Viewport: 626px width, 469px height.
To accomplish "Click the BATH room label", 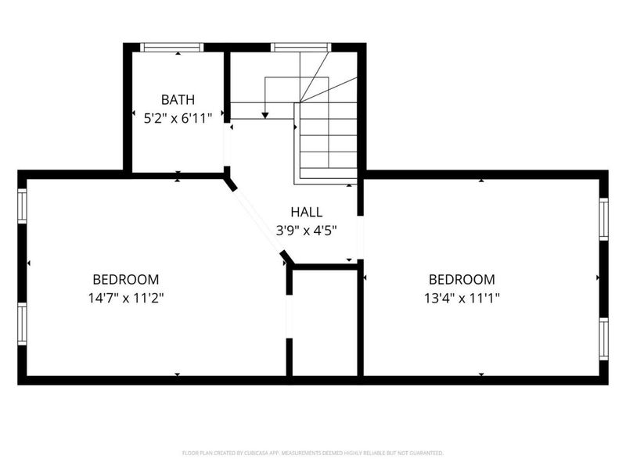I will pyautogui.click(x=178, y=100).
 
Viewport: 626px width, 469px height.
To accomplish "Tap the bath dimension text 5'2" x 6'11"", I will pyautogui.click(x=178, y=119).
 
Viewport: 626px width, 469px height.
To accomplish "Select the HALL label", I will pyautogui.click(x=306, y=212).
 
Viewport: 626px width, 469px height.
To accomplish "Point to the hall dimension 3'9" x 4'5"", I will pyautogui.click(x=306, y=231).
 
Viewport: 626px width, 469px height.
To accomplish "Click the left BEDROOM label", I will pyautogui.click(x=126, y=279).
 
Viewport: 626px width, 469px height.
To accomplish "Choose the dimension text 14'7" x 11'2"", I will pyautogui.click(x=126, y=298).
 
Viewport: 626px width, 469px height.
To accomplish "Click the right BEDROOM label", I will pyautogui.click(x=462, y=279).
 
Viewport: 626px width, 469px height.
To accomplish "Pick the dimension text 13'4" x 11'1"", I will pyautogui.click(x=462, y=298).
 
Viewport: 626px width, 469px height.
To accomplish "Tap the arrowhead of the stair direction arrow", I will pyautogui.click(x=265, y=115).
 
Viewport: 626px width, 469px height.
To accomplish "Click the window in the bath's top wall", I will pyautogui.click(x=172, y=48).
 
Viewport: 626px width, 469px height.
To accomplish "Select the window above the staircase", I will pyautogui.click(x=300, y=48).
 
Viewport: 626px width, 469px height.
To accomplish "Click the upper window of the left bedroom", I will pyautogui.click(x=23, y=206).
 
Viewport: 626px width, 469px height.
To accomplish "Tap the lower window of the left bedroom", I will pyautogui.click(x=23, y=324).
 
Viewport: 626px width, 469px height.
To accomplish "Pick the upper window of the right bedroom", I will pyautogui.click(x=603, y=218).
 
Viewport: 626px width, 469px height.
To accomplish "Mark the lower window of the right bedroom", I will pyautogui.click(x=603, y=338).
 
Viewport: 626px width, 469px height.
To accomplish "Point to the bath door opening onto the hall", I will pyautogui.click(x=227, y=144).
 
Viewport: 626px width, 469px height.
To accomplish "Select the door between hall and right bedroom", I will pyautogui.click(x=361, y=238).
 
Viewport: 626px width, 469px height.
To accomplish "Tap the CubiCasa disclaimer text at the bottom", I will pyautogui.click(x=313, y=453).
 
